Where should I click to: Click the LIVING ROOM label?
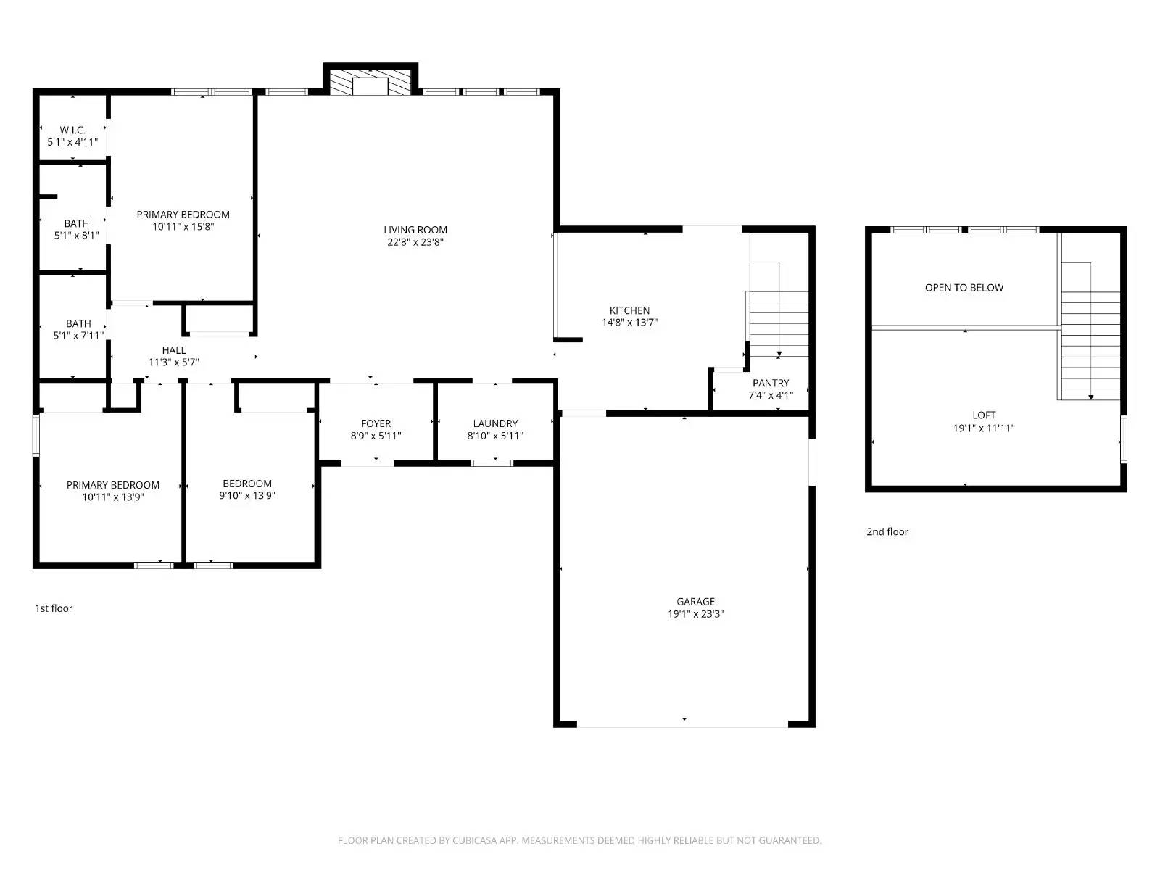[x=415, y=230]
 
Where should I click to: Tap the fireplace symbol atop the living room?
[x=370, y=81]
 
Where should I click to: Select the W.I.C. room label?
[x=72, y=130]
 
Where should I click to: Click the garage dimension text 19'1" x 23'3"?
[x=695, y=614]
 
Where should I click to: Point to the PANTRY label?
[x=771, y=383]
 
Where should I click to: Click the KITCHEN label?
[x=629, y=310]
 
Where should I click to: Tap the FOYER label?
[x=376, y=423]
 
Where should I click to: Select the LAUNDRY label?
[x=495, y=423]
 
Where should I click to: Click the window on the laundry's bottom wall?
[x=492, y=463]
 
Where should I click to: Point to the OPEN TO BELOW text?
[x=964, y=288]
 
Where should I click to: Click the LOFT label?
[x=983, y=415]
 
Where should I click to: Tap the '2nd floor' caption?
[x=887, y=531]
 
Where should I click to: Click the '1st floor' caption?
[x=54, y=608]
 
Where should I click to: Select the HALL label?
[x=174, y=350]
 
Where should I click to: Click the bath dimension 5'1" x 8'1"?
[x=76, y=236]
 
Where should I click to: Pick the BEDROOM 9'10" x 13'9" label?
[x=247, y=484]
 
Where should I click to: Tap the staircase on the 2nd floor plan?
[x=1090, y=341]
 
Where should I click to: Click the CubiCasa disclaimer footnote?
[x=579, y=840]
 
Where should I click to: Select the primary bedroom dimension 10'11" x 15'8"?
[x=183, y=227]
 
